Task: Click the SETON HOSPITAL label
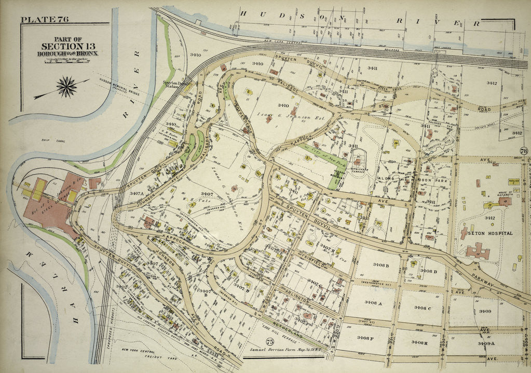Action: tap(490, 233)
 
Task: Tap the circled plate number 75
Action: tap(269, 341)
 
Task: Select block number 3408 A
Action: tap(373, 302)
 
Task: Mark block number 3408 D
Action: tap(429, 271)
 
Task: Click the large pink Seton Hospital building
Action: tap(478, 252)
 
